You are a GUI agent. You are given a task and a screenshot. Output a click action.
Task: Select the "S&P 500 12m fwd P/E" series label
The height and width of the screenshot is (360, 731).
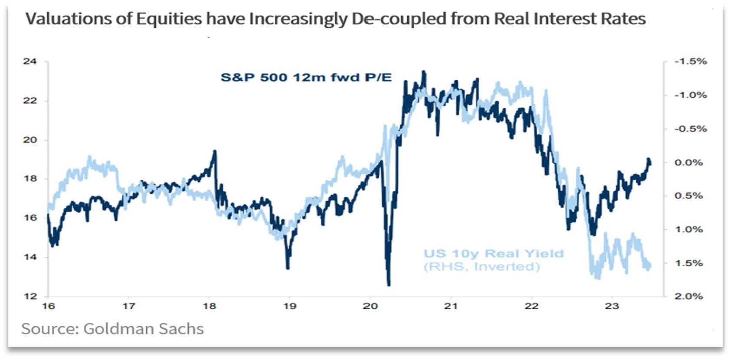pos(306,78)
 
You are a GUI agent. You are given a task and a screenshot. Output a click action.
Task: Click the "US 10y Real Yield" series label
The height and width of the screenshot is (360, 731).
pos(493,253)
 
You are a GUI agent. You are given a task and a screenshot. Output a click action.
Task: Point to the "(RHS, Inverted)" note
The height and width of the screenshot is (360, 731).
pos(482,266)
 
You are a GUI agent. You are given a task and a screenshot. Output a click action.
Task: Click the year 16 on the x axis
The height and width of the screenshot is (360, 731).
pos(48,306)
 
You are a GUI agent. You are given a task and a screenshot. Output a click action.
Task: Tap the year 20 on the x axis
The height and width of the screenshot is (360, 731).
pos(370,306)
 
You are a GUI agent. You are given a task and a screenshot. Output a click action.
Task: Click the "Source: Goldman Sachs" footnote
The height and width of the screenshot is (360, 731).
pos(112,329)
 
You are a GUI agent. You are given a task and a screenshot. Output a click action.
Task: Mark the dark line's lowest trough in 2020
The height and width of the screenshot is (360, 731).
pos(388,285)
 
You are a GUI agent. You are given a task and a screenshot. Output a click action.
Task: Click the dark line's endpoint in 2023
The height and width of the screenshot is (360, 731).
pos(650,162)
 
